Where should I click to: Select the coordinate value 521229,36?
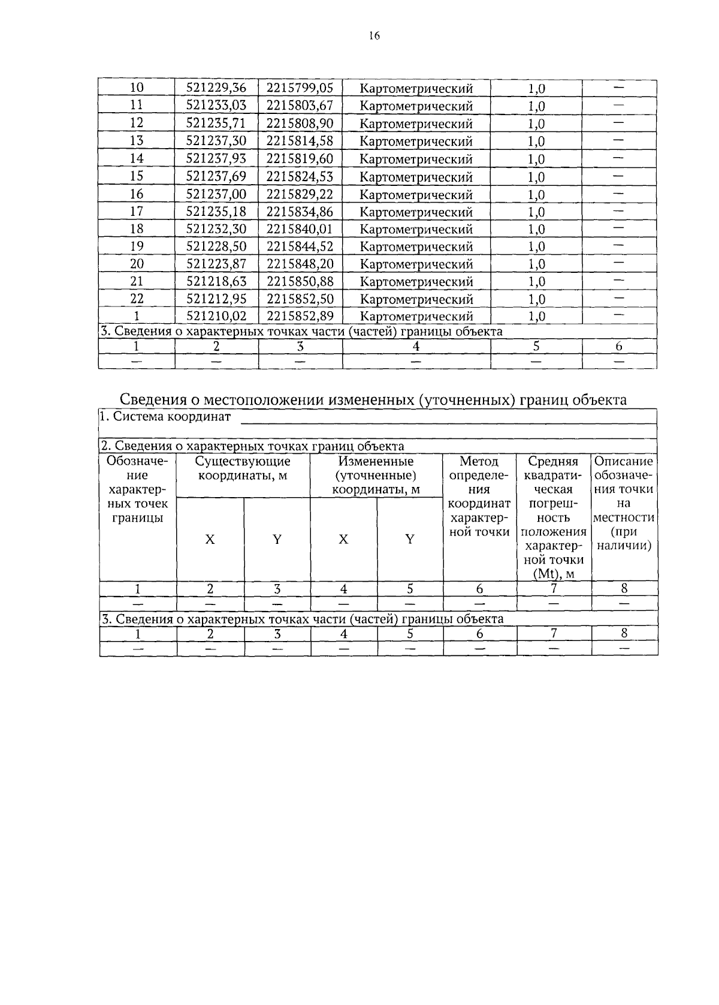coord(216,88)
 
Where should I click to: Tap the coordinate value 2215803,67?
coord(300,106)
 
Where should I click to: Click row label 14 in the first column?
coord(137,158)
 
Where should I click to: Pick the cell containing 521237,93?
coord(216,158)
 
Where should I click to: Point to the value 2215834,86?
coord(300,211)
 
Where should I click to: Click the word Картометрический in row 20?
coord(416,264)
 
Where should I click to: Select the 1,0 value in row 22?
coord(536,299)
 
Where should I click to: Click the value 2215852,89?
coord(300,316)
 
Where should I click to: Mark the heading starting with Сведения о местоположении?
coord(373,399)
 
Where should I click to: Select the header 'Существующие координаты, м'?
coord(243,468)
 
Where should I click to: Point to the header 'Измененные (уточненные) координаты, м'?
coord(376,476)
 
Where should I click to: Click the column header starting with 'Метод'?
coord(479,461)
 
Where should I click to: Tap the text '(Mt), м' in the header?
coord(553,574)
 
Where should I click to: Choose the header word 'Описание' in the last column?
coord(624,461)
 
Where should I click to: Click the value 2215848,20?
coord(300,264)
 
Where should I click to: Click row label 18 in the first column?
coord(137,228)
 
